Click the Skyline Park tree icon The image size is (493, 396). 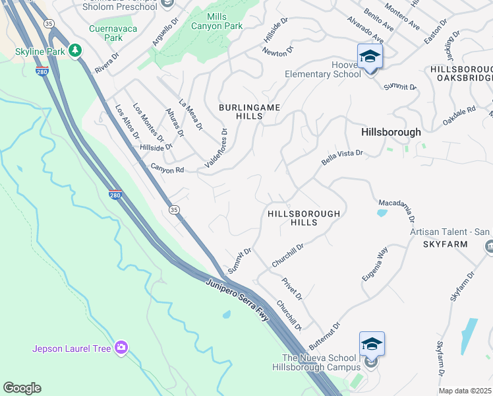coord(75,50)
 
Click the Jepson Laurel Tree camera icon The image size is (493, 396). coord(121,347)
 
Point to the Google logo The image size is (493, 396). coord(22,388)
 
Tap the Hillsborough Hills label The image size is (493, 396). coord(304,218)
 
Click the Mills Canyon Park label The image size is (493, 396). coord(224,21)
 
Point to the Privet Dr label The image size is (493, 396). coord(291,289)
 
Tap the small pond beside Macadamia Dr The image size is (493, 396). coord(382,213)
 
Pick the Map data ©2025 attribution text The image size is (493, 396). coord(465,391)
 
